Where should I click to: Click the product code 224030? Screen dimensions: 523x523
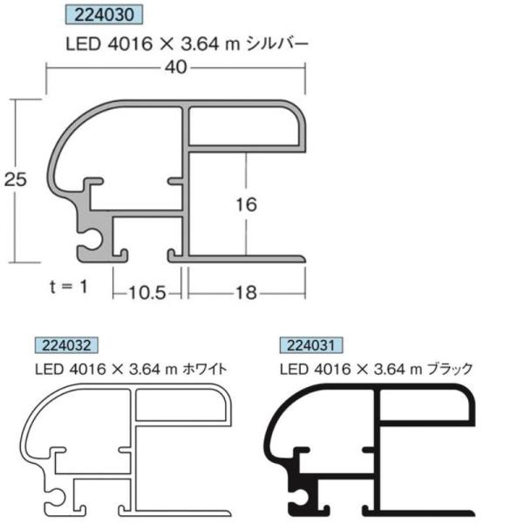104,15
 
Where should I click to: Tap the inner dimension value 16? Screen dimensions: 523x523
246,205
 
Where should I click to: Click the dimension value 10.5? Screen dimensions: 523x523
147,293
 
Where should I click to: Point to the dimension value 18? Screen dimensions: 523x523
247,293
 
